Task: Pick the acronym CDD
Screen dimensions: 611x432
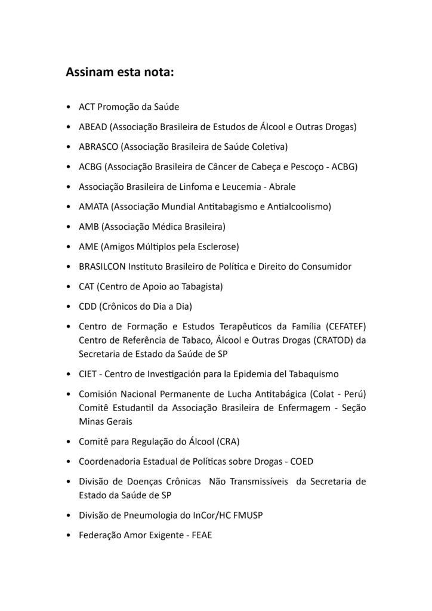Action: (x=88, y=306)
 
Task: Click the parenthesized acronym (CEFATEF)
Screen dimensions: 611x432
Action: (x=345, y=326)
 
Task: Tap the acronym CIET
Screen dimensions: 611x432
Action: (x=88, y=374)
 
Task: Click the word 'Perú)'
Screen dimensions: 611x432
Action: (x=353, y=394)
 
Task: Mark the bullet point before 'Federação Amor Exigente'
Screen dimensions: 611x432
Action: (x=70, y=536)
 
